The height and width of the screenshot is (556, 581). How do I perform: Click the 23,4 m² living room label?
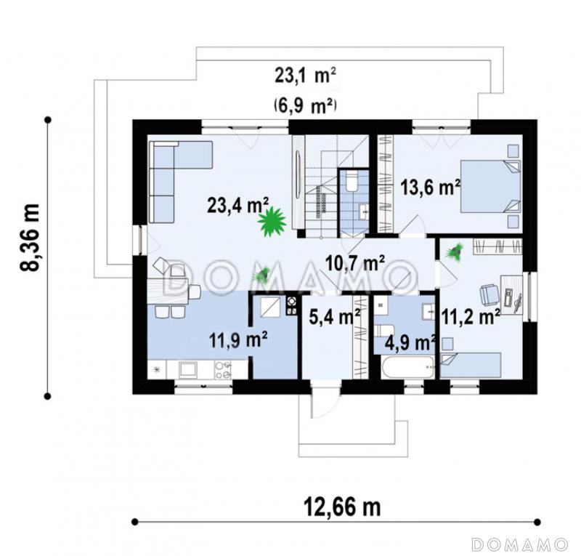pos(238,205)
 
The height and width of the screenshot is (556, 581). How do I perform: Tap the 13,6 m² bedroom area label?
pos(431,187)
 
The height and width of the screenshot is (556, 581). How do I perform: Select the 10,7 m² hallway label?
pos(354,263)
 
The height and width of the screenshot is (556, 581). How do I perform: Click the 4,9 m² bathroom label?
pos(410,342)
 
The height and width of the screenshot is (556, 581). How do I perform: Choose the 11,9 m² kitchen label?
pos(238,339)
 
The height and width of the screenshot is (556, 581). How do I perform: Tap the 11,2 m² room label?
pos(471,317)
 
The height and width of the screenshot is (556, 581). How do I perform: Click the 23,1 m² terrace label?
pos(305,76)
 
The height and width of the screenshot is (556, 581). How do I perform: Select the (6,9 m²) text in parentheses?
pos(305,106)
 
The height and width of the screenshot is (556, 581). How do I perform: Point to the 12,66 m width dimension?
pos(342,507)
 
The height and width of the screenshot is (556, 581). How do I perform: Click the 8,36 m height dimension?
pos(30,238)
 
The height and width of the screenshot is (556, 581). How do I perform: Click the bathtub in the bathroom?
pos(407,367)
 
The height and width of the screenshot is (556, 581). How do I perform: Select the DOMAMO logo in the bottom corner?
pos(519,544)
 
